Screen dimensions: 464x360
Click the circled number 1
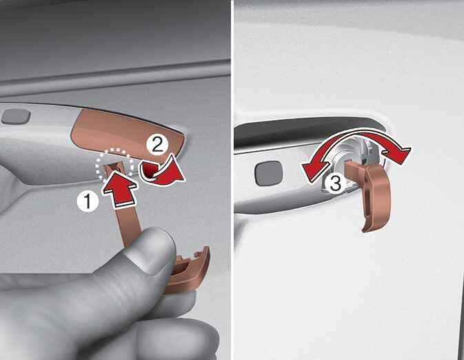(x=88, y=201)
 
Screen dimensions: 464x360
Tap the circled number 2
(x=157, y=145)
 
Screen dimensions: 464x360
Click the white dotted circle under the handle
(x=114, y=163)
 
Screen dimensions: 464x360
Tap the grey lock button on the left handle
(x=17, y=116)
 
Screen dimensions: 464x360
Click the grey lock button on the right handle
(x=269, y=173)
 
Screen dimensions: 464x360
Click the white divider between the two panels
(x=232, y=180)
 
